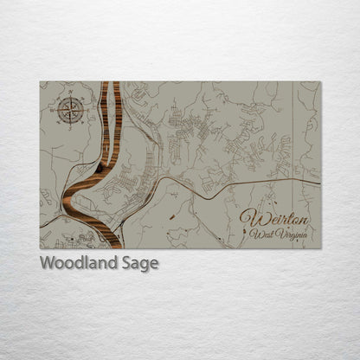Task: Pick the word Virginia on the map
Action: click(x=292, y=235)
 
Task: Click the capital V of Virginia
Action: click(x=279, y=234)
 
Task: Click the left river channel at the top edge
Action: click(x=105, y=83)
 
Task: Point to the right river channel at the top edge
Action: click(x=115, y=83)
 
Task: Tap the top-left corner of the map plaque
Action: click(x=41, y=82)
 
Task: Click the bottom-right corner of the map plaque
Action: click(x=319, y=248)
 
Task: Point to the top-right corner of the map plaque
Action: click(x=319, y=82)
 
